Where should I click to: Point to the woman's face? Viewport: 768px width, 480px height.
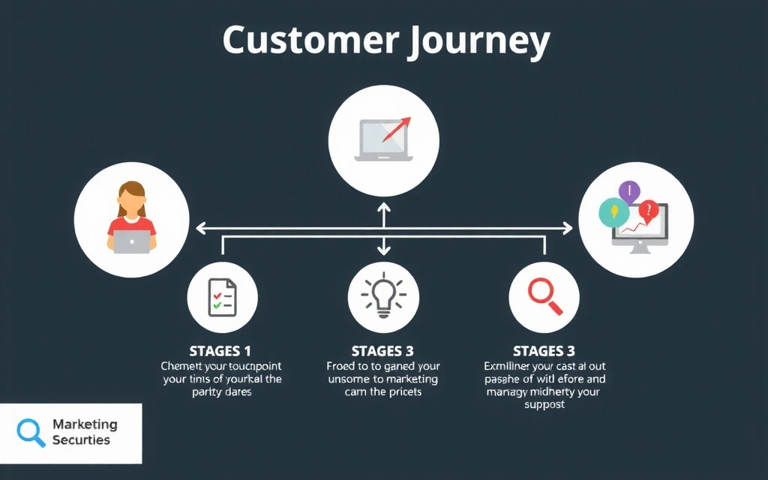(x=132, y=201)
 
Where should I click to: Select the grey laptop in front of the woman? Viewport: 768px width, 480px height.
(x=131, y=241)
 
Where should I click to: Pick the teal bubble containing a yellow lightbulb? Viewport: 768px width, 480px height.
(x=613, y=212)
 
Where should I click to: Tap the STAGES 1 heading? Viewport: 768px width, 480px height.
(x=220, y=350)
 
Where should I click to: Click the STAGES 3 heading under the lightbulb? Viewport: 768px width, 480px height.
(x=382, y=350)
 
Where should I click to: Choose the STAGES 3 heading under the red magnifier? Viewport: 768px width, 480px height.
(x=544, y=350)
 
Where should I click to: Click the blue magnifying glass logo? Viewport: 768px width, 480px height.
(x=31, y=432)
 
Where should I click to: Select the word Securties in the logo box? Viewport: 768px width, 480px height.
(x=81, y=440)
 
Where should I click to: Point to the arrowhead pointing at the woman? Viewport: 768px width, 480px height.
(x=200, y=225)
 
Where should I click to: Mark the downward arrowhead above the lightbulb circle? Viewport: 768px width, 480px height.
(x=384, y=250)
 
